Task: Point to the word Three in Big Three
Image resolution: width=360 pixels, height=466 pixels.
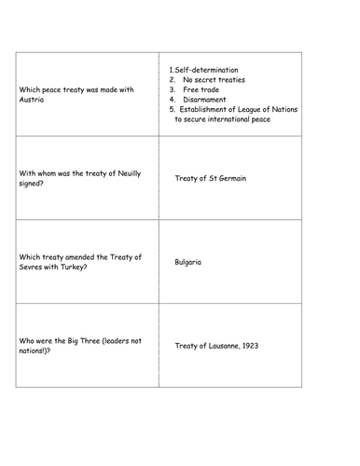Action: pyautogui.click(x=85, y=340)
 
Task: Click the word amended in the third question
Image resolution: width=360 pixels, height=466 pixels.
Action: pyautogui.click(x=86, y=256)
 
